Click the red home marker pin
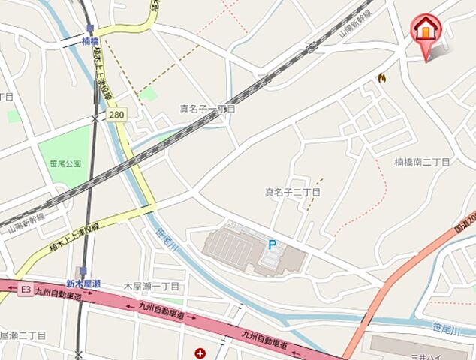[426, 32]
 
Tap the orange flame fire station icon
[381, 77]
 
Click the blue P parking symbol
[272, 244]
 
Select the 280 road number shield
[116, 115]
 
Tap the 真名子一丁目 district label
[207, 109]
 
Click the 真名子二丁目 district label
[292, 193]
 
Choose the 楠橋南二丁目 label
[422, 162]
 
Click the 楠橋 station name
[90, 40]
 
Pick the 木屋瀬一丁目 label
[152, 286]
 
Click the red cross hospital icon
[200, 352]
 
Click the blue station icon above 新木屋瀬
[83, 271]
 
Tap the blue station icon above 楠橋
[89, 29]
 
